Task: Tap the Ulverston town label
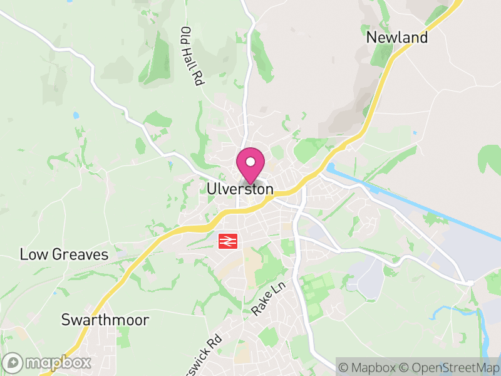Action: (240, 189)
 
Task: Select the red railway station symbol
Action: (227, 241)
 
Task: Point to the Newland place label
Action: (397, 38)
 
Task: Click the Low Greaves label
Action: (64, 255)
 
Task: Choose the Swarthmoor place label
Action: (105, 320)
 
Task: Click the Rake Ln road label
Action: (269, 298)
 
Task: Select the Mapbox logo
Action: (48, 362)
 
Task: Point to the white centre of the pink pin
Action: (250, 162)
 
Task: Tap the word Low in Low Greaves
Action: (32, 255)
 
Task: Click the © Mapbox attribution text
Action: (369, 367)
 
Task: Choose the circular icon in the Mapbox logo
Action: (13, 362)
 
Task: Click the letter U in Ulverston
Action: (212, 189)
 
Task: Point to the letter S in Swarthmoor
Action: (65, 320)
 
